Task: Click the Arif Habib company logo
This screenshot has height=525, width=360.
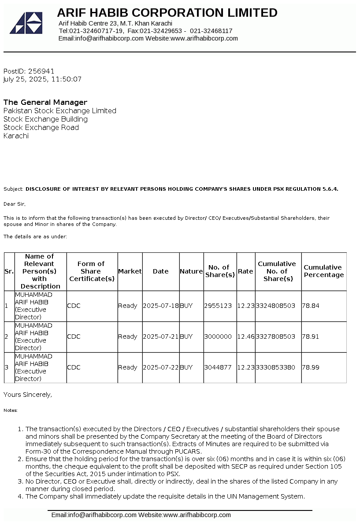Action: pyautogui.click(x=26, y=23)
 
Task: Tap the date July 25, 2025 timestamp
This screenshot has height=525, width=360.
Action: pyautogui.click(x=42, y=79)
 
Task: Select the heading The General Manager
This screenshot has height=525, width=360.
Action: pyautogui.click(x=45, y=102)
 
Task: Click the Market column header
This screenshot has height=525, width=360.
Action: pyautogui.click(x=130, y=271)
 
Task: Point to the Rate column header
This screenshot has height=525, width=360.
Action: pyautogui.click(x=245, y=271)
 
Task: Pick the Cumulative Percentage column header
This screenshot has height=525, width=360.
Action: pyautogui.click(x=323, y=271)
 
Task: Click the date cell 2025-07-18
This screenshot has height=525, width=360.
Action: pyautogui.click(x=160, y=306)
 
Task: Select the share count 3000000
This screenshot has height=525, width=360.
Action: pyautogui.click(x=218, y=336)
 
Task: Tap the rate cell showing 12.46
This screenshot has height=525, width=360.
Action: pyautogui.click(x=245, y=336)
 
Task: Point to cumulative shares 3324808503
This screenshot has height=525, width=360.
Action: pyautogui.click(x=275, y=306)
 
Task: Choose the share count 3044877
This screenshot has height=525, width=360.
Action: pyautogui.click(x=218, y=367)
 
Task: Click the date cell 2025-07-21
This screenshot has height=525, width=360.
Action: pyautogui.click(x=160, y=336)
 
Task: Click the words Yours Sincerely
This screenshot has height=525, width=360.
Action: pyautogui.click(x=28, y=395)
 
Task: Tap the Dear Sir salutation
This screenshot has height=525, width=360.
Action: pyautogui.click(x=15, y=204)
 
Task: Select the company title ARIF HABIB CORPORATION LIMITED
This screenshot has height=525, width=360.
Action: pyautogui.click(x=167, y=13)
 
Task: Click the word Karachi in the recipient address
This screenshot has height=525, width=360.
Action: pyautogui.click(x=16, y=136)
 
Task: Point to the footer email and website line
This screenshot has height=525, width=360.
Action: pyautogui.click(x=141, y=515)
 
